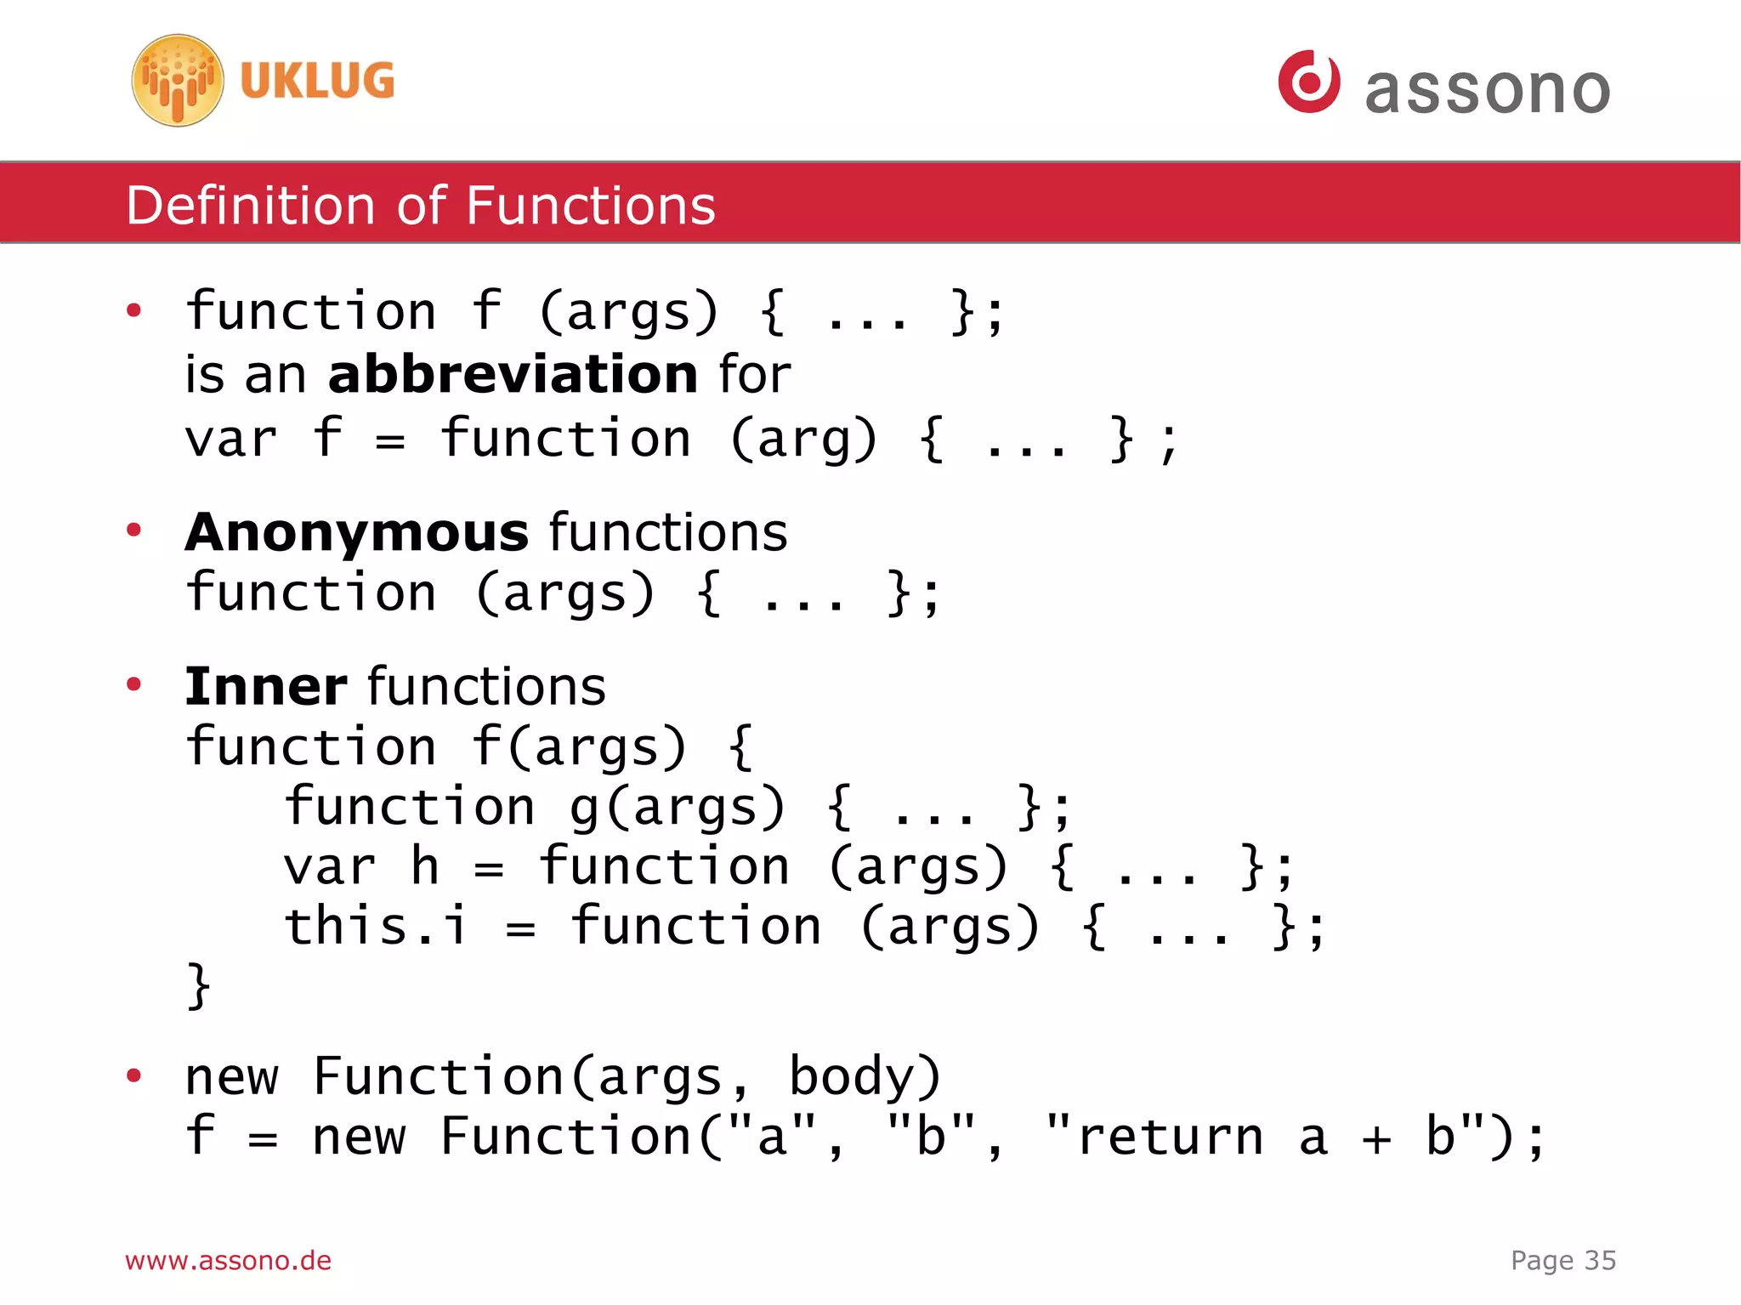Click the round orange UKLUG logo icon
tap(178, 81)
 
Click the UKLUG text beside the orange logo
tap(317, 82)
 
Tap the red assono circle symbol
tap(1308, 82)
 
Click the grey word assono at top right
tap(1487, 90)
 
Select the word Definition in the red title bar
tap(250, 206)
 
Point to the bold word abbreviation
tap(513, 375)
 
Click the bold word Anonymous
tap(357, 533)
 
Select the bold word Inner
tap(266, 687)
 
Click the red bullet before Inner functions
tap(133, 684)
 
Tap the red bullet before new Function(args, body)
tap(133, 1075)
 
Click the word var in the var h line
tap(329, 868)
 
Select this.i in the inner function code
tap(376, 927)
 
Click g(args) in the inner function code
tap(677, 808)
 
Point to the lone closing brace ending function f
tap(198, 986)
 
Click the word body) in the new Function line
tap(865, 1077)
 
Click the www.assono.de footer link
tap(228, 1261)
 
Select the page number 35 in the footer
tap(1600, 1261)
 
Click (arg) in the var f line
tap(803, 440)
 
